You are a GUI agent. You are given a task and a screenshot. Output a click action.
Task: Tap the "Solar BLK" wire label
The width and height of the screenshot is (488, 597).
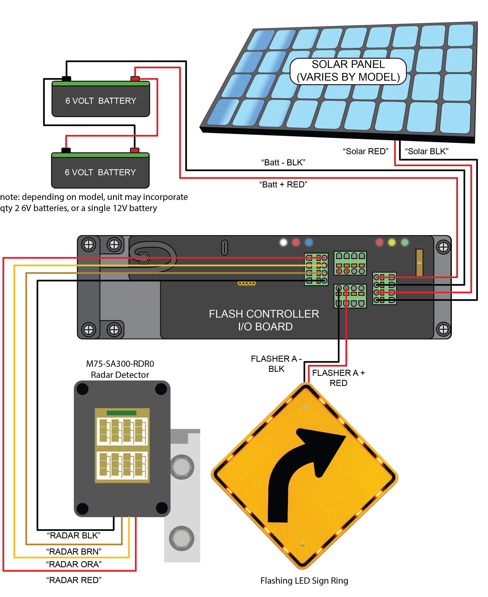[426, 151]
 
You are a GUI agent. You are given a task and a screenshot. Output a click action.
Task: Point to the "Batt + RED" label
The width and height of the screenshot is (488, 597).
[283, 184]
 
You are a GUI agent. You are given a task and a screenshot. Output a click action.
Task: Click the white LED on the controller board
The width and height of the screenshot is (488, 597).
[283, 242]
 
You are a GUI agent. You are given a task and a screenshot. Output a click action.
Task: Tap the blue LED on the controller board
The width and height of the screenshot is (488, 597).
[309, 242]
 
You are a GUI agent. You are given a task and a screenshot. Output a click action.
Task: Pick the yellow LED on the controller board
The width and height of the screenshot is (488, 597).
[392, 242]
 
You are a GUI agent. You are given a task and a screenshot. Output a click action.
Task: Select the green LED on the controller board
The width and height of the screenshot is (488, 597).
[405, 242]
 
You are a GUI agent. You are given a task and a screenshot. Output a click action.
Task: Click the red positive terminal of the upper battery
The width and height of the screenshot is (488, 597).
[135, 79]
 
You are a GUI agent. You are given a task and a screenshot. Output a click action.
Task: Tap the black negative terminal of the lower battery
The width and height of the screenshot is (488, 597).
[66, 150]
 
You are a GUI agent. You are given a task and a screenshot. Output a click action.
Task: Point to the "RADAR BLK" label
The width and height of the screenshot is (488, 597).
[74, 536]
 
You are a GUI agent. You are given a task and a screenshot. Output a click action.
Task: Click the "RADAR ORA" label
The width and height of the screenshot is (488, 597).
[74, 564]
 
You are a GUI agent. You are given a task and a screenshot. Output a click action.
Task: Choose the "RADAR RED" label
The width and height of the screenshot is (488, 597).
[74, 580]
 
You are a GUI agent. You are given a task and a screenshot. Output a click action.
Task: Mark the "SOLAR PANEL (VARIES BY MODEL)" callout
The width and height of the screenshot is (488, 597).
[348, 71]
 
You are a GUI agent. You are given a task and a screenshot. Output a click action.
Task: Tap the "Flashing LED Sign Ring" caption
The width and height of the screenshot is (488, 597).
[304, 580]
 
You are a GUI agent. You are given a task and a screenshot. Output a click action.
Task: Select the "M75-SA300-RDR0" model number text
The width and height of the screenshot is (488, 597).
[120, 364]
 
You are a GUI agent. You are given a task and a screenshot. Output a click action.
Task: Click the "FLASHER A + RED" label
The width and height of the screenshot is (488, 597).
[338, 378]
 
